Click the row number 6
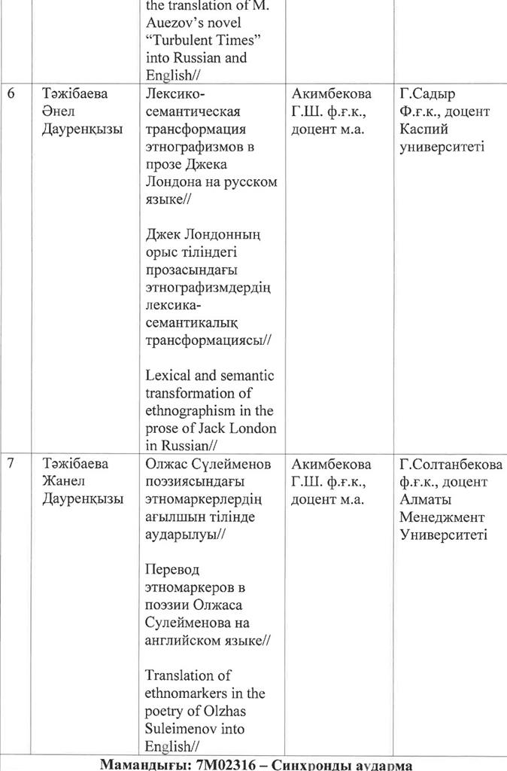point(11,94)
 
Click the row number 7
point(11,464)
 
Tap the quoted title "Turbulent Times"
point(196,39)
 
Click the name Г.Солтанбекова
point(453,464)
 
